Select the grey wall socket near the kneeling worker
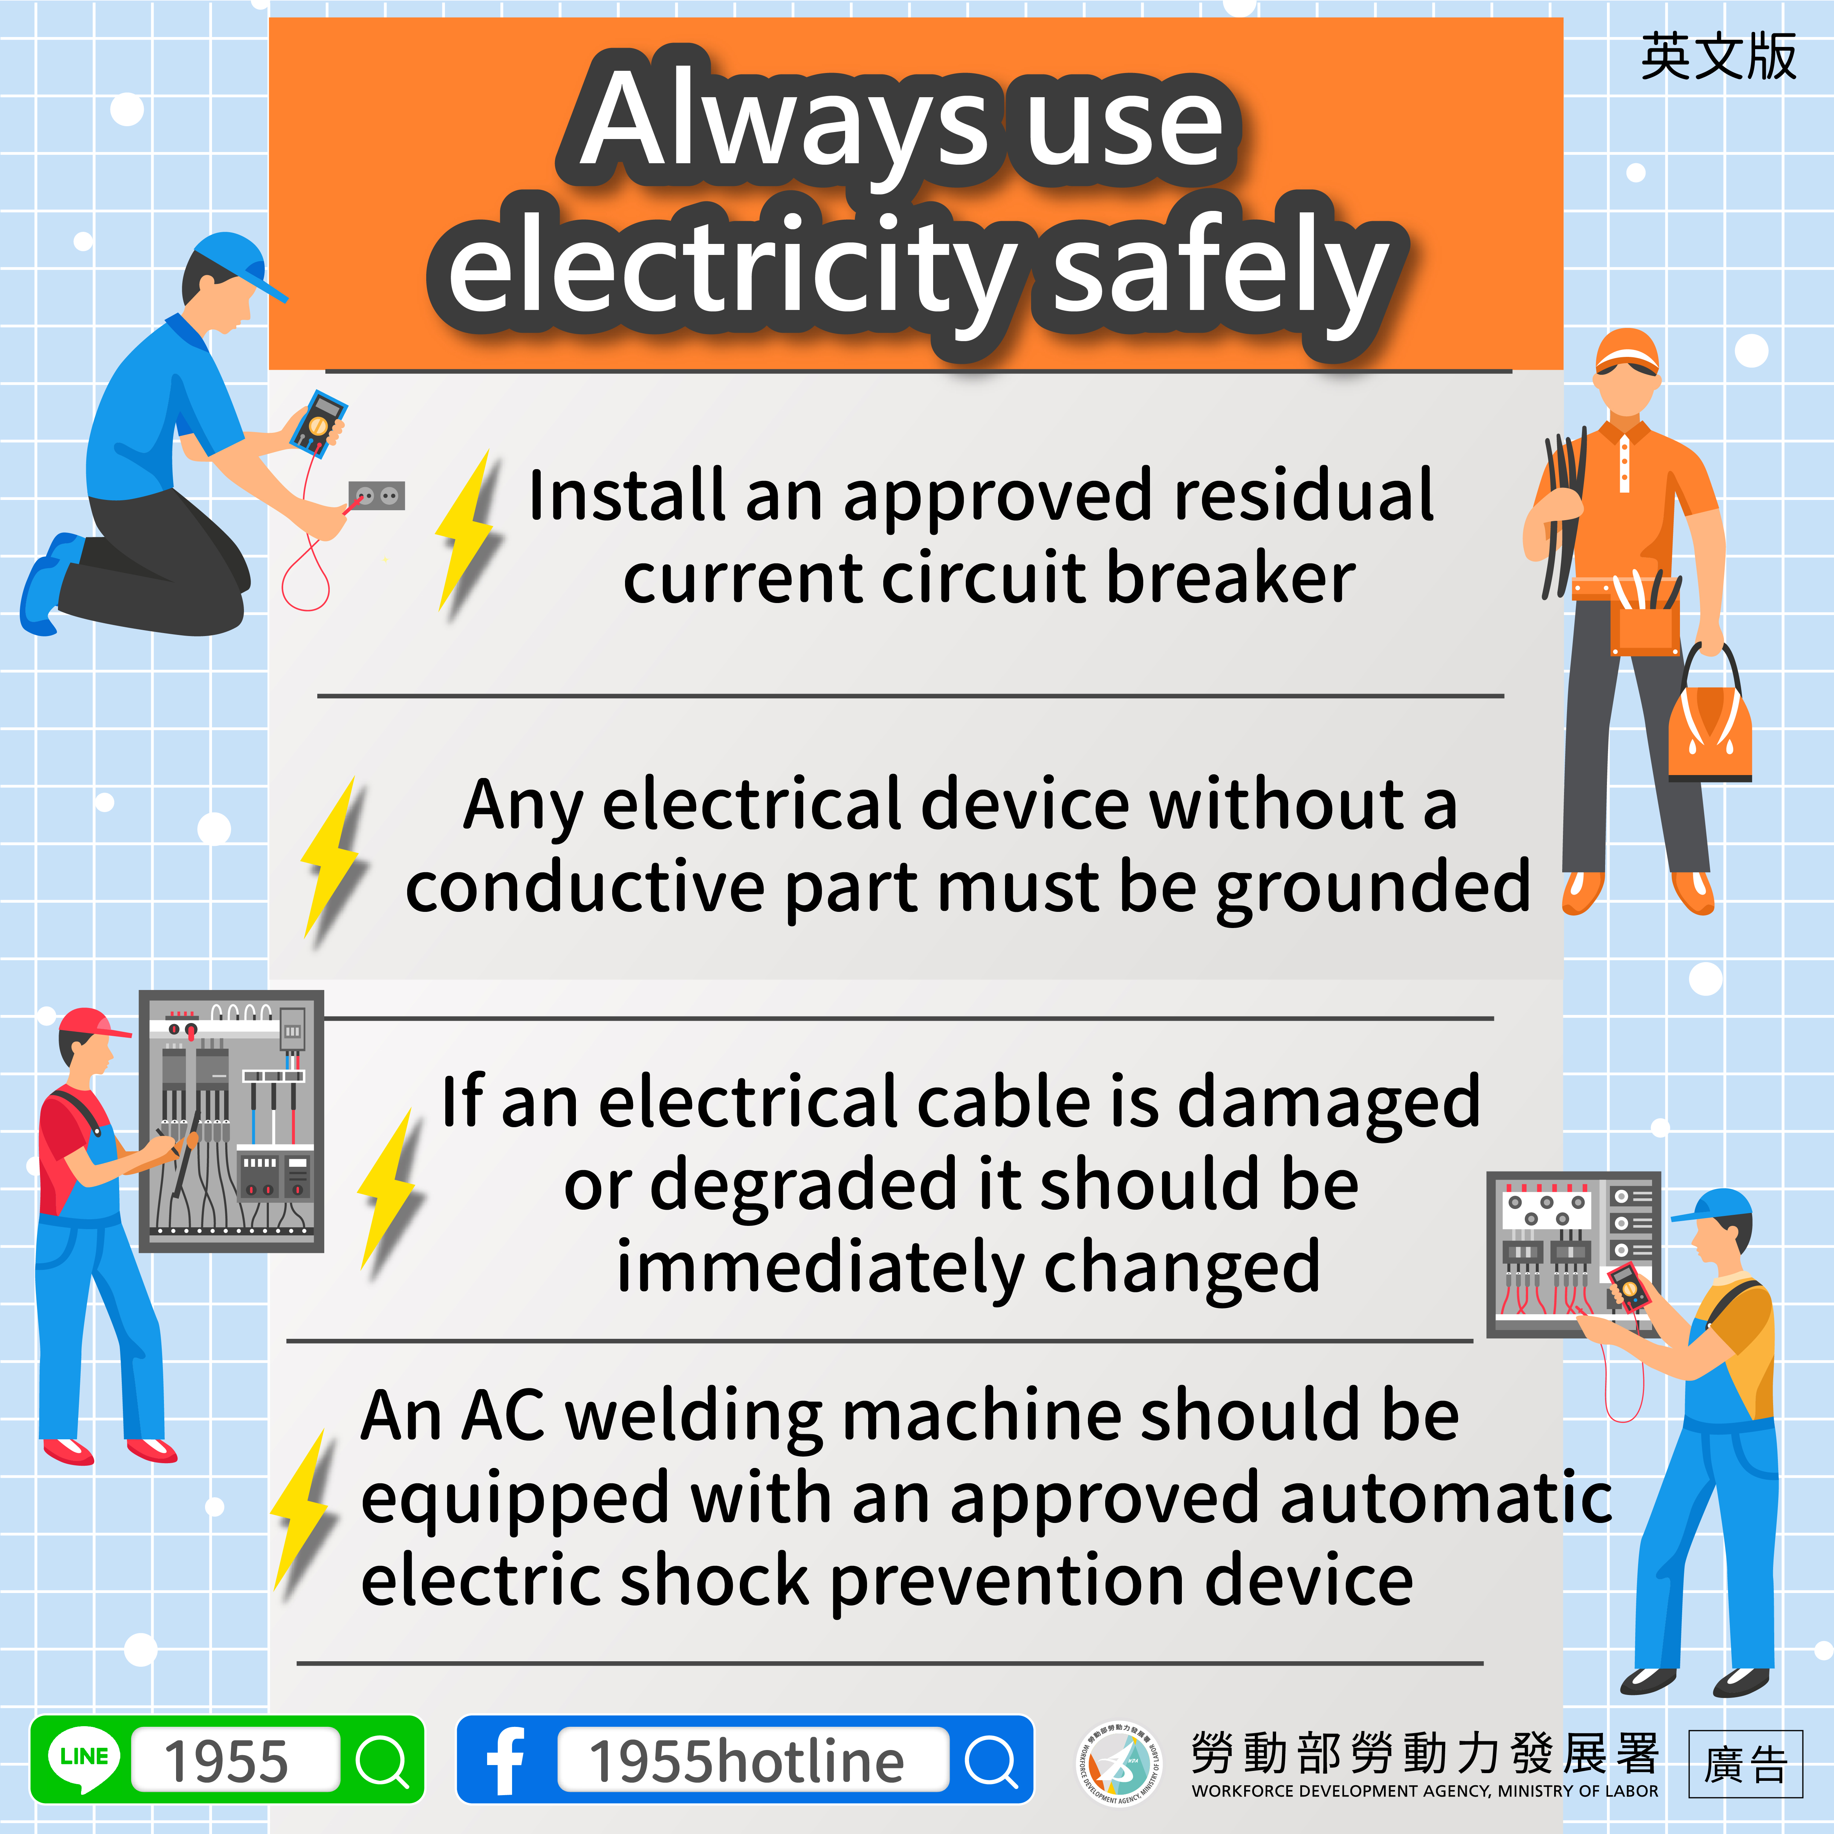377,496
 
